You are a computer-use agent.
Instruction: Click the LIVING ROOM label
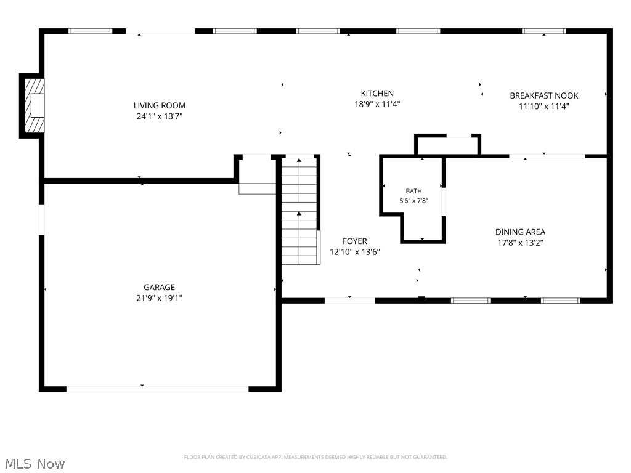160,105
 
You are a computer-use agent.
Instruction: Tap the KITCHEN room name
377,94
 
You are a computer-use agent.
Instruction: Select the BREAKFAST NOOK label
543,95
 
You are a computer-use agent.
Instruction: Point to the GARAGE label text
160,287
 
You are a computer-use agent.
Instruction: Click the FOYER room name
354,241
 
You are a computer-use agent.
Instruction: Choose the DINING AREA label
520,232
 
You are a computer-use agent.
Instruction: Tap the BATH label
413,191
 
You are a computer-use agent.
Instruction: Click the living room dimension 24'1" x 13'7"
160,116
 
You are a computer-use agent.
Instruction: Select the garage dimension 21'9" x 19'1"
160,298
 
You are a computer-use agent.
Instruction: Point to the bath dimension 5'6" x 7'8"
413,201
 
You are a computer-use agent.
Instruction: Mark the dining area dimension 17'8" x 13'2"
520,243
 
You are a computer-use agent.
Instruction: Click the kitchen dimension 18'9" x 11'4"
377,104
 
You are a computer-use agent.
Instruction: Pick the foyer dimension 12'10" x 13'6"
354,252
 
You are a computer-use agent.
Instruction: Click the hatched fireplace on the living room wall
34,106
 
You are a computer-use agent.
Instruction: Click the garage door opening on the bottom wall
157,389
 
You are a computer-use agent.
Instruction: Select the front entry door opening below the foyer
350,300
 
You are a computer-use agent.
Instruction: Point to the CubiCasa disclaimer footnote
315,458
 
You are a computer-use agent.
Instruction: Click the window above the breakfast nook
543,31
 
